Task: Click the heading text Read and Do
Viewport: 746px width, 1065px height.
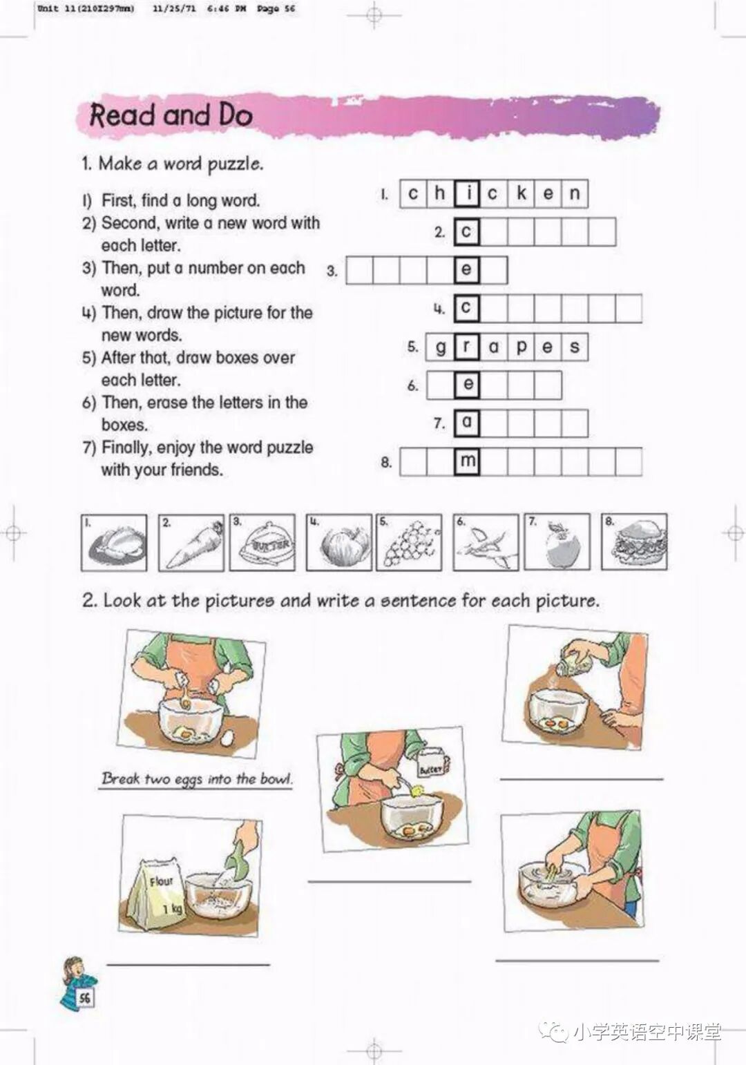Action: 171,115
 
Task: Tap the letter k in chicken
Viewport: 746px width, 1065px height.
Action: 521,193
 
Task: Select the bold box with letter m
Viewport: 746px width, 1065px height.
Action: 467,461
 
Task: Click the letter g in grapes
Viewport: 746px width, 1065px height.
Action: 441,348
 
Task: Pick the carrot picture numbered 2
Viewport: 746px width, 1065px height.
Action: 191,542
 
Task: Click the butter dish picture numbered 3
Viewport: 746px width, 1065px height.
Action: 262,542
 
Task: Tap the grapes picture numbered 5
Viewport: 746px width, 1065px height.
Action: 409,542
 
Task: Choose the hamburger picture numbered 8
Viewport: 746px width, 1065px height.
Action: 634,541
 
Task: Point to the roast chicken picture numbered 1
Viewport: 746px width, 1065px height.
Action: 114,542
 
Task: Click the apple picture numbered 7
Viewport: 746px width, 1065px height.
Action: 557,541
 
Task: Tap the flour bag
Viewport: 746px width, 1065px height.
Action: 157,889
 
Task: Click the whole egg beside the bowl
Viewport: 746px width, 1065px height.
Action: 228,738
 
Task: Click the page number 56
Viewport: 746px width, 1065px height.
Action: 85,997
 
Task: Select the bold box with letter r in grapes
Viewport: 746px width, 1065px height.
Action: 467,347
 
